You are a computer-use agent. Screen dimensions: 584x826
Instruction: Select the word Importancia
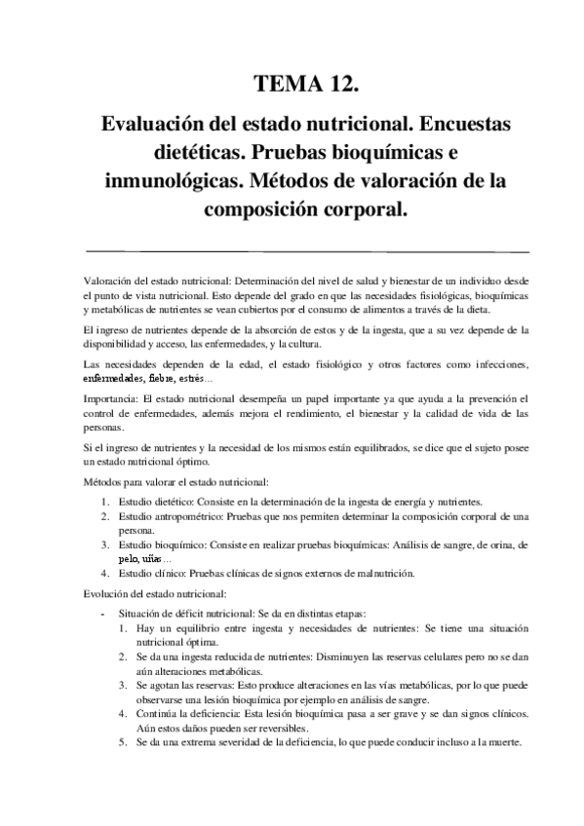111,399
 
